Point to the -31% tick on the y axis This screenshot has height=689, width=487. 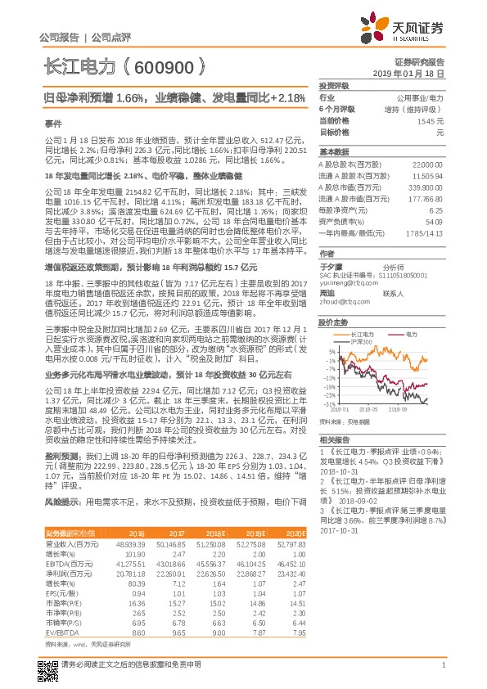click(x=329, y=404)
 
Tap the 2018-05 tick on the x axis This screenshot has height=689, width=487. click(x=369, y=409)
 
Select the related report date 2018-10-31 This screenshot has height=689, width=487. click(x=339, y=472)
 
